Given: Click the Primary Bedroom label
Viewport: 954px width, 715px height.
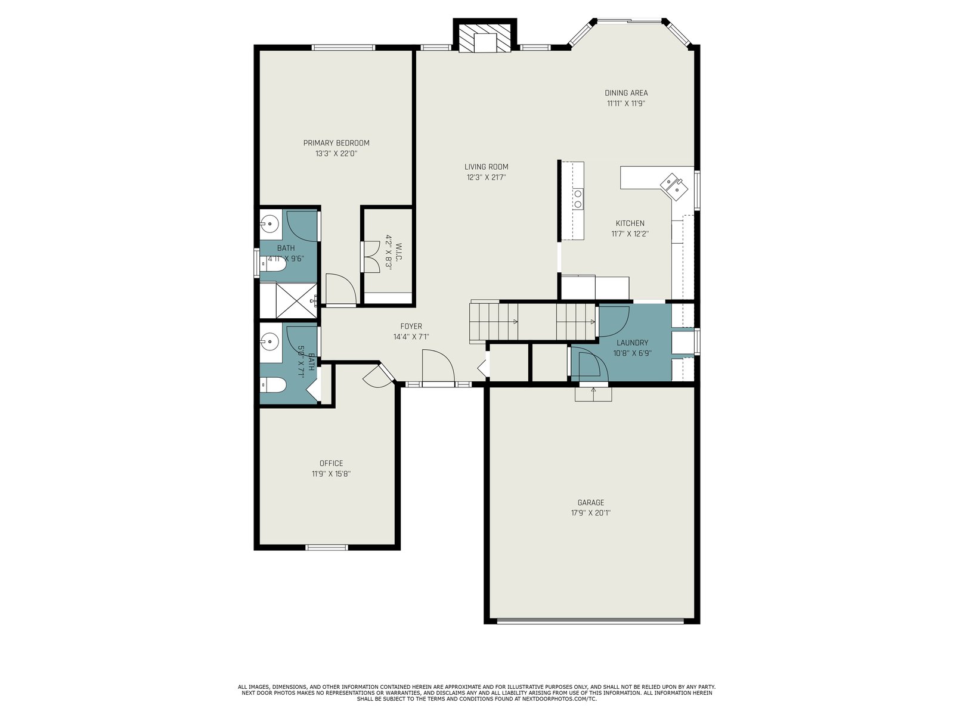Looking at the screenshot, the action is [336, 143].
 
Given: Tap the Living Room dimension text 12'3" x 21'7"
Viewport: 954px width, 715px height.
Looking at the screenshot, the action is [486, 177].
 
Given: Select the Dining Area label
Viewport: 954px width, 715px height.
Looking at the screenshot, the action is [626, 93].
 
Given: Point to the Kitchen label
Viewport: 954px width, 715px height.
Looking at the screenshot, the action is [630, 223].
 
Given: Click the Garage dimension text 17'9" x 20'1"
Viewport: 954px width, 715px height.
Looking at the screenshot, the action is [591, 512].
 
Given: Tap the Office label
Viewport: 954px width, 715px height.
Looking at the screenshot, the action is [331, 463].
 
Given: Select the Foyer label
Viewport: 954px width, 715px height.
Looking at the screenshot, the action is [411, 326].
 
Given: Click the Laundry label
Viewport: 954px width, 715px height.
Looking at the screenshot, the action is [632, 343].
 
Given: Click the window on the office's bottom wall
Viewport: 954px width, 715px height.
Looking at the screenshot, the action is [326, 548].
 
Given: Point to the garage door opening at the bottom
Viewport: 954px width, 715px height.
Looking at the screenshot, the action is [590, 621].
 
